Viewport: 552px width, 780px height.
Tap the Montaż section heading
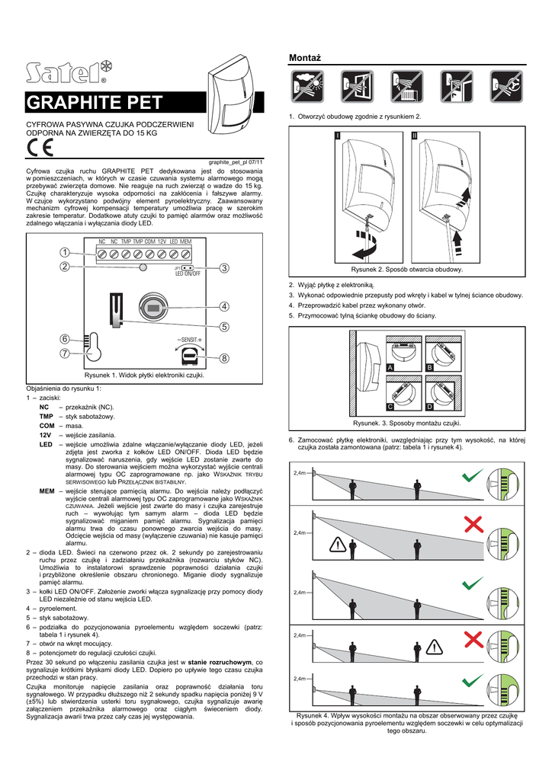pos(303,59)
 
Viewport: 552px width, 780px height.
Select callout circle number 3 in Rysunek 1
pos(225,267)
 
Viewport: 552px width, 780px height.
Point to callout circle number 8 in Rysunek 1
pos(225,358)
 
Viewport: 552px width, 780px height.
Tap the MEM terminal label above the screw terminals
pos(186,241)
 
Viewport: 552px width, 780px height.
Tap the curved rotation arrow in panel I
pos(358,247)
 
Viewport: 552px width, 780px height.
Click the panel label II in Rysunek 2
pos(414,135)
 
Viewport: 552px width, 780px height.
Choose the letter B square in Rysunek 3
pos(428,368)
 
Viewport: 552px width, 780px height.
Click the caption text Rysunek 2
pos(406,270)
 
